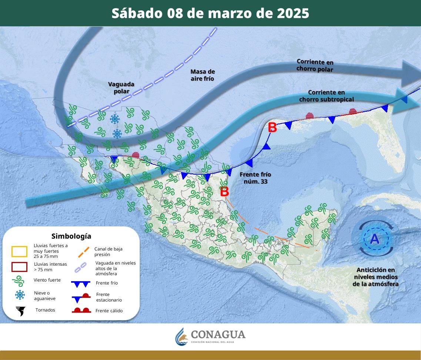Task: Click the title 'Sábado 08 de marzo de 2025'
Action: (210, 13)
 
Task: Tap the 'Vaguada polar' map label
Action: (121, 88)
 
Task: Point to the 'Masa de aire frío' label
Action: (203, 75)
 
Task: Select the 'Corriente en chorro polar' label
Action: (315, 65)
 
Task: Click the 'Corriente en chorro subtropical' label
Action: (326, 96)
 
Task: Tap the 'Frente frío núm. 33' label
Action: (255, 178)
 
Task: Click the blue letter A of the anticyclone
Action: (375, 239)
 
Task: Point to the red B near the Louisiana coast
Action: (272, 128)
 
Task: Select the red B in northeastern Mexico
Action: (224, 192)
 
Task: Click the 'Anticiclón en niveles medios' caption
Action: (375, 277)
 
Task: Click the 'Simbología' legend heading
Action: (71, 236)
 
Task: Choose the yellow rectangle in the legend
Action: (19, 252)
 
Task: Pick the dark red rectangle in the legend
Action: (19, 267)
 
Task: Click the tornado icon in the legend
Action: (21, 311)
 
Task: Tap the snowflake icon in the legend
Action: (20, 295)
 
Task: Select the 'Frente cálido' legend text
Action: (109, 311)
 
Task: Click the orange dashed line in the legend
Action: (84, 252)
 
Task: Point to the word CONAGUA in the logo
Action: (218, 334)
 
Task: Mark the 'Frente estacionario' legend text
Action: (108, 297)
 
